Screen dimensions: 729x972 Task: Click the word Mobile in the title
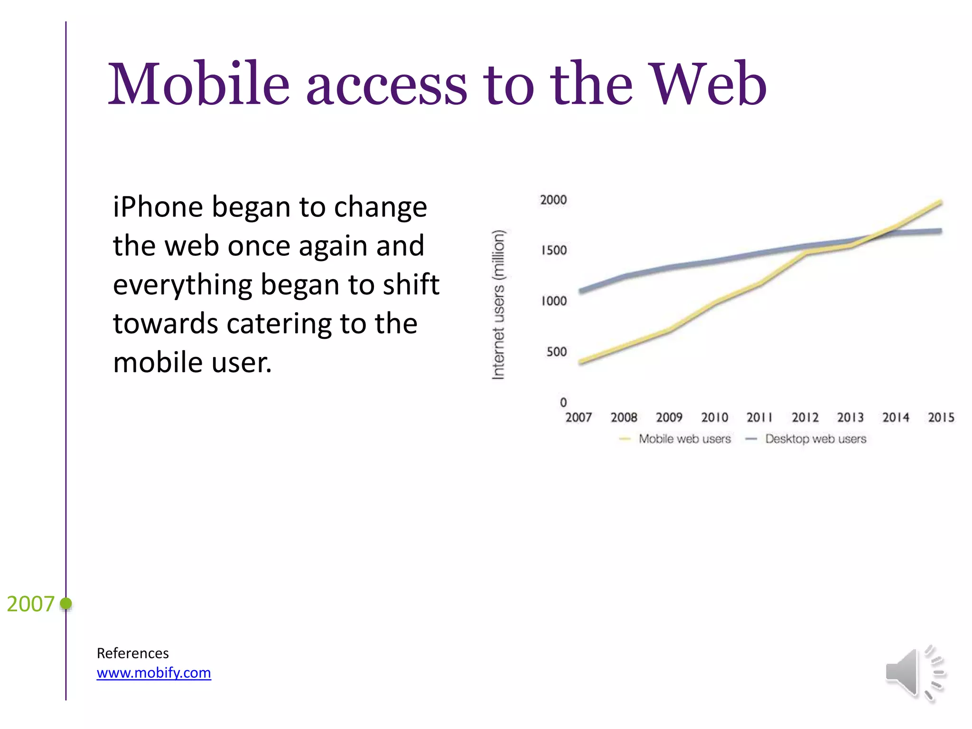tap(198, 84)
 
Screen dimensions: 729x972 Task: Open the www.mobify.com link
tap(154, 673)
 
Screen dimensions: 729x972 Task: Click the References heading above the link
tap(132, 653)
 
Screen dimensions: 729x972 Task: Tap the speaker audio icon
tap(915, 673)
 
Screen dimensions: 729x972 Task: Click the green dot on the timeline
tap(66, 603)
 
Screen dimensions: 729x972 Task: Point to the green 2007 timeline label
tap(30, 604)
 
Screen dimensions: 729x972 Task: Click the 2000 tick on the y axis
tap(553, 200)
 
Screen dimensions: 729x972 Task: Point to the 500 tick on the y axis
tap(556, 352)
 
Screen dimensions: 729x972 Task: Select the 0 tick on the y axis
tap(563, 402)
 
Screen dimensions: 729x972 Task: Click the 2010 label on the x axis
tap(714, 418)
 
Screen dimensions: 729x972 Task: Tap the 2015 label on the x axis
tap(941, 418)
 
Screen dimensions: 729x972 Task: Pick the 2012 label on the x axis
tap(805, 418)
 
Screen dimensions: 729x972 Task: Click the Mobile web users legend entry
tap(684, 439)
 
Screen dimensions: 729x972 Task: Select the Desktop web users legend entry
tap(815, 439)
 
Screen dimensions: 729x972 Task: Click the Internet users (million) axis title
tap(498, 304)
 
